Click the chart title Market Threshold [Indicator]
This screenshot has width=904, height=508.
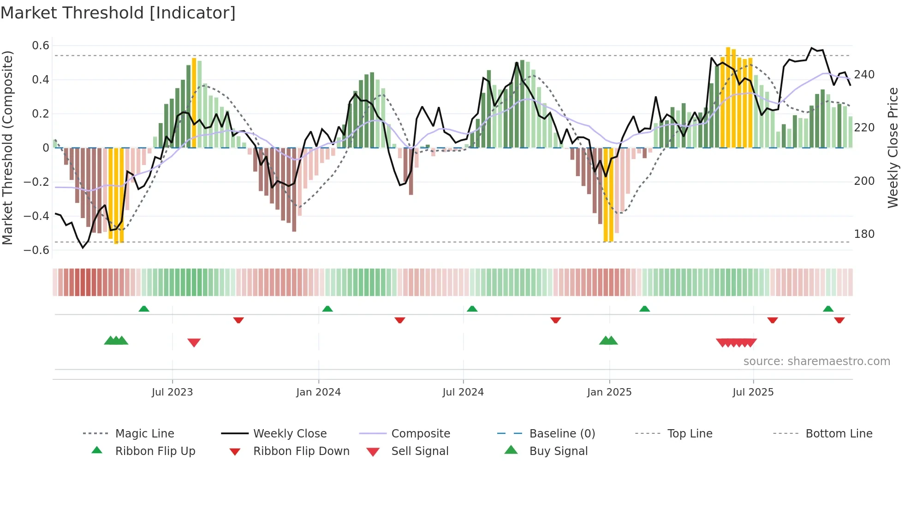[118, 13]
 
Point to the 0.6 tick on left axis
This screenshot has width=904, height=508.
[41, 46]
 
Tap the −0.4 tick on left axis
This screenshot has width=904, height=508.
[36, 216]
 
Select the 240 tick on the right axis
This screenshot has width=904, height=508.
[864, 75]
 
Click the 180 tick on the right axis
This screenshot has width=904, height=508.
[864, 234]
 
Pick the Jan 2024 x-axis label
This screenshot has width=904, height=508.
[318, 392]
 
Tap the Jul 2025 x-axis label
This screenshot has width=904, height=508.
[753, 392]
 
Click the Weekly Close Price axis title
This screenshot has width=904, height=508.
[893, 148]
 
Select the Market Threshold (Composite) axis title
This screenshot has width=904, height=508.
[7, 148]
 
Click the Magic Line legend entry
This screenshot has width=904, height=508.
[144, 434]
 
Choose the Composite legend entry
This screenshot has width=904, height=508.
[420, 434]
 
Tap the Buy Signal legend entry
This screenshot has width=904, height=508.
[558, 451]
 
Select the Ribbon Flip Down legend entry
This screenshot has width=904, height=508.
[301, 451]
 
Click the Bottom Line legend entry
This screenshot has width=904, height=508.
[839, 434]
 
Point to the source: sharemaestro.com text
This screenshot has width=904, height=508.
[816, 361]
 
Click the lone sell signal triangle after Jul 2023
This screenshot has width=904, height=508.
[194, 343]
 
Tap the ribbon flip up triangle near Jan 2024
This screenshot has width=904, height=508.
[327, 309]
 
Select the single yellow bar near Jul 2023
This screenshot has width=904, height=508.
[194, 102]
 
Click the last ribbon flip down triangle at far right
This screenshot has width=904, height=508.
[839, 320]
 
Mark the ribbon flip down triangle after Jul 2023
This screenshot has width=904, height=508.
[238, 320]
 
